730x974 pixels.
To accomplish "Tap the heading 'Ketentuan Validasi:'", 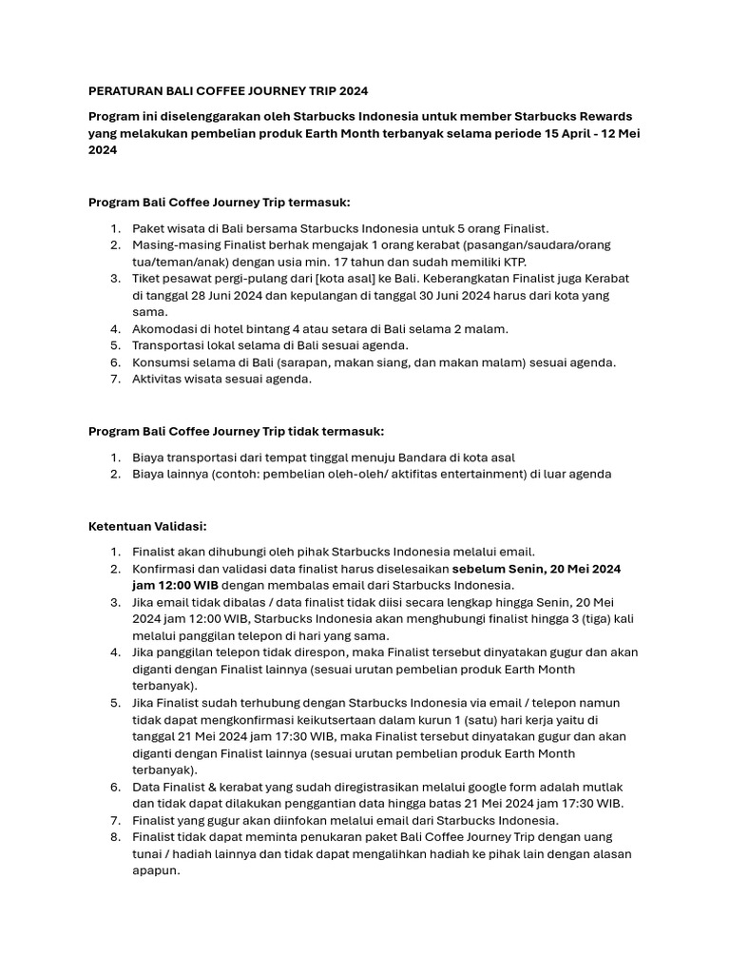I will point(147,526).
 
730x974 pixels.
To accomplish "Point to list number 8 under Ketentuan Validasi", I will point(115,837).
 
